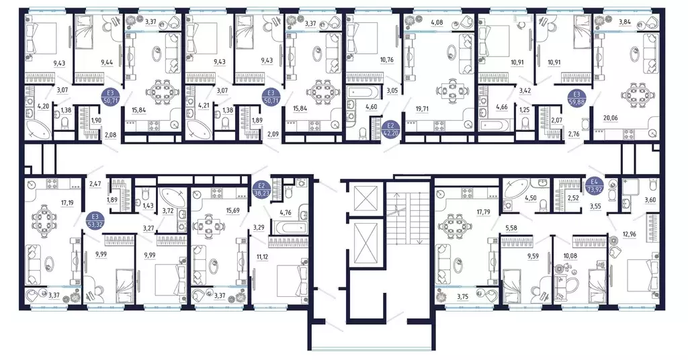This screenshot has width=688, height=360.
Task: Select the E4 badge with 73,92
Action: [x=595, y=186]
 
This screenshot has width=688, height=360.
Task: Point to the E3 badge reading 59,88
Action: [x=577, y=98]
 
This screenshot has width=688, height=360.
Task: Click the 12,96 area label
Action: [x=629, y=234]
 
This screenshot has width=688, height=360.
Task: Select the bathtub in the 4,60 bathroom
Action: [x=363, y=93]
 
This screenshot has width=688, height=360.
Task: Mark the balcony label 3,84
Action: [x=624, y=23]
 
